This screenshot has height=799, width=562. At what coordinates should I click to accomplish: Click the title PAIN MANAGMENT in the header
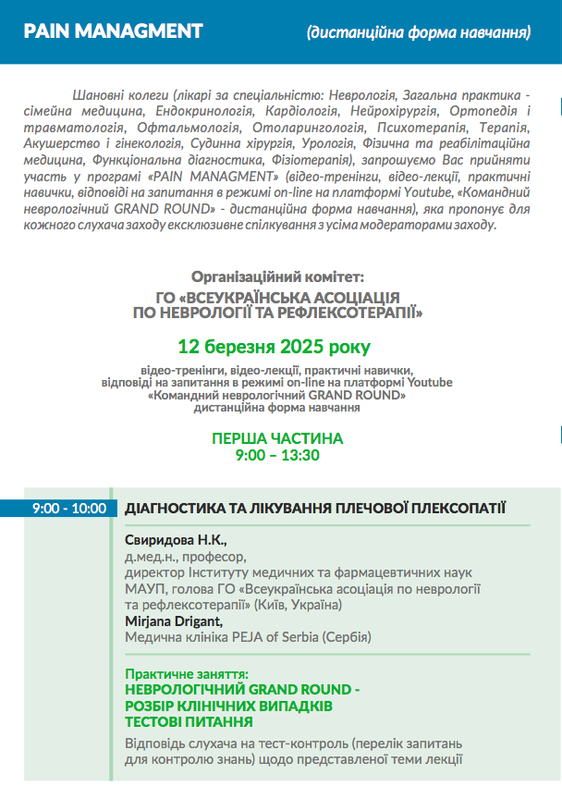[x=113, y=31]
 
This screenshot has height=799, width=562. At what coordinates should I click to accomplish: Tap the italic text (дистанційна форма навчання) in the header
[x=419, y=33]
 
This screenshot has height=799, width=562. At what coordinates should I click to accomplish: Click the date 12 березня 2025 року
[x=275, y=348]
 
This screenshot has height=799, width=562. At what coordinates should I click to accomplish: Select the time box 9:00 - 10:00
[x=68, y=508]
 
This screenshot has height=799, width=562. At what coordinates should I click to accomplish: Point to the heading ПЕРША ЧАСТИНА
[x=277, y=438]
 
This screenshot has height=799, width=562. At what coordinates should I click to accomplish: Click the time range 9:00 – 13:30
[x=277, y=455]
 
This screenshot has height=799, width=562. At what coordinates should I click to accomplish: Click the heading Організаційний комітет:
[x=277, y=277]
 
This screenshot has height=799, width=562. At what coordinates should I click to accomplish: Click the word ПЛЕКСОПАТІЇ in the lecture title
[x=446, y=508]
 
